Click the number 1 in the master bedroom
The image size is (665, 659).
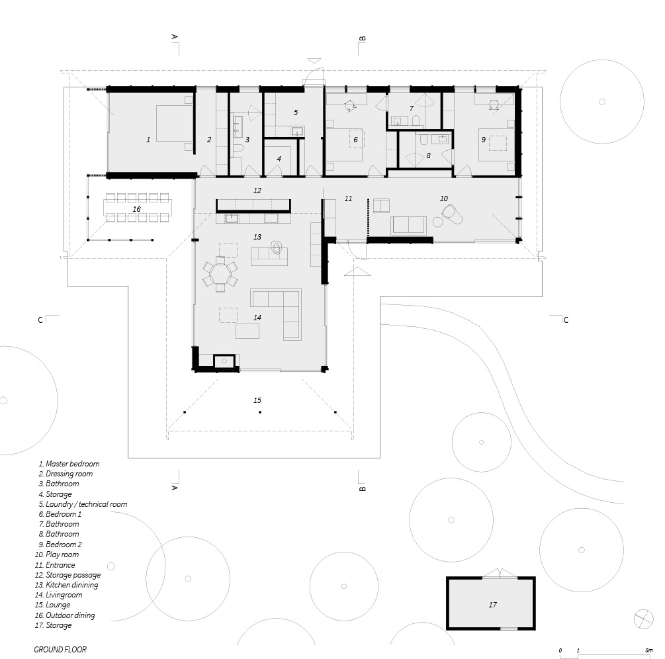148,140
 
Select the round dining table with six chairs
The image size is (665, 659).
220,274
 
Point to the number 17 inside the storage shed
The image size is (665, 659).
492,605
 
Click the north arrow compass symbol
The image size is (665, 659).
643,619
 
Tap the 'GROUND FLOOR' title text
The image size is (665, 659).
60,650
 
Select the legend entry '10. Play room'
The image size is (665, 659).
57,554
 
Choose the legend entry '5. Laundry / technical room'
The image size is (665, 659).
83,504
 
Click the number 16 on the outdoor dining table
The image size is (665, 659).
136,209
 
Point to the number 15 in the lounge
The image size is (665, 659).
257,400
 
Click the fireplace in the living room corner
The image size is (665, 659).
224,361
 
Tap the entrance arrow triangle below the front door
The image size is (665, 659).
357,271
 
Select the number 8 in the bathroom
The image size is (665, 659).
428,156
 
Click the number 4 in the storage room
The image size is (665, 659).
279,159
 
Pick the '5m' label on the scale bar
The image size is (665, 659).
649,650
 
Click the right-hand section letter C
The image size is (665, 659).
566,320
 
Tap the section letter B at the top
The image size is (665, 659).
362,38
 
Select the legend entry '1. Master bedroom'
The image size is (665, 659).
69,464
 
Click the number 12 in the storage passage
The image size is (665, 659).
257,191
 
